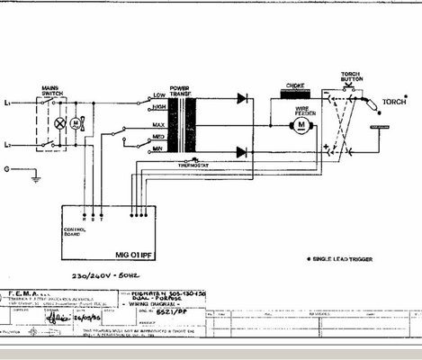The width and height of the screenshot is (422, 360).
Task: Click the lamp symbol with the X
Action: [61, 121]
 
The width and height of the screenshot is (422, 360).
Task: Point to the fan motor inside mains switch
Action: [77, 121]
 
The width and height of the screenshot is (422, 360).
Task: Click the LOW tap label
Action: [158, 94]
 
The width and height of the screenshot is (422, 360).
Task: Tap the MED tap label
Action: [158, 138]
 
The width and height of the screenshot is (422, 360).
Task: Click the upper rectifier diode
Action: [242, 98]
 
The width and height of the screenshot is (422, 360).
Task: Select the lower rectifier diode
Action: [242, 152]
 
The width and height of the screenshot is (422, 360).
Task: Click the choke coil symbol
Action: [296, 93]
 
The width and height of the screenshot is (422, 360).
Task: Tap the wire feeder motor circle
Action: [302, 126]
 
